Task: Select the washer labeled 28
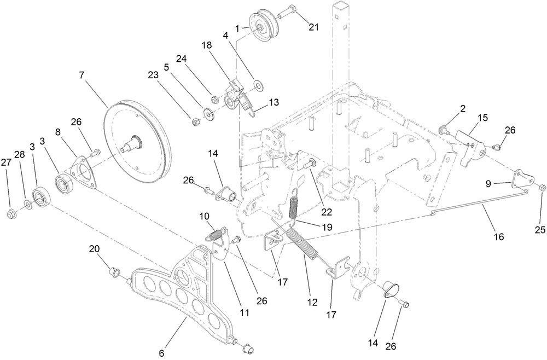(x=27, y=206)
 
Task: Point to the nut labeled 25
(x=541, y=188)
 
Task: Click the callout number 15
(x=482, y=118)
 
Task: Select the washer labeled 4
(x=258, y=84)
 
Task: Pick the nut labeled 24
(x=215, y=100)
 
